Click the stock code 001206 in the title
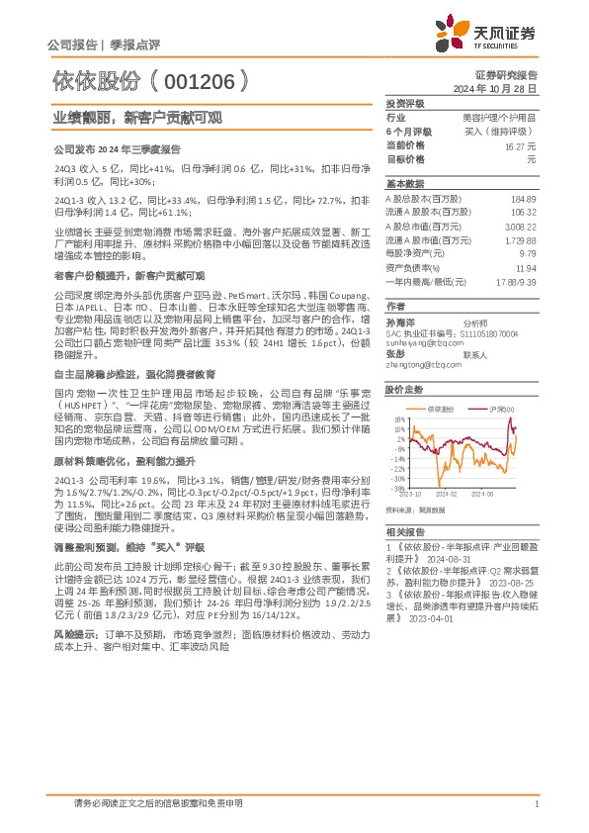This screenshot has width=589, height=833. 210,82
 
